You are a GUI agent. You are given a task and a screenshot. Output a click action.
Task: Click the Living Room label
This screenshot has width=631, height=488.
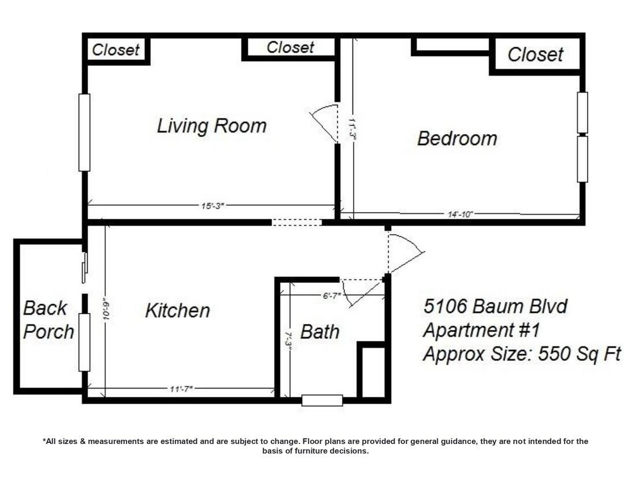[211, 125]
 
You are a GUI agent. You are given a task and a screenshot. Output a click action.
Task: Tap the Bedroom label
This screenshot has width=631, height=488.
[457, 139]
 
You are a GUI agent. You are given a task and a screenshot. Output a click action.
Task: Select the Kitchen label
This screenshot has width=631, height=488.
[177, 310]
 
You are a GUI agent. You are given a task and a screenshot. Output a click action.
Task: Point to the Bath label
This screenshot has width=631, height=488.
[320, 332]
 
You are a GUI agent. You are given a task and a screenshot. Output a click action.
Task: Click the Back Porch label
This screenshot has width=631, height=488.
[49, 320]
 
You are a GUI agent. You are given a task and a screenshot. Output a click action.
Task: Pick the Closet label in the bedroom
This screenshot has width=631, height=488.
[535, 54]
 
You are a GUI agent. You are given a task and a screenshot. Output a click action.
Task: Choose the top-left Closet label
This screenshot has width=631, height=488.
[116, 50]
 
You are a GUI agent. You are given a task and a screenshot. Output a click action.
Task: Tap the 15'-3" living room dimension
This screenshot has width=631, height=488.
[213, 206]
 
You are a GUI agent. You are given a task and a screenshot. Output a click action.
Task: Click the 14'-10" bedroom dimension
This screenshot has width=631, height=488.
[460, 214]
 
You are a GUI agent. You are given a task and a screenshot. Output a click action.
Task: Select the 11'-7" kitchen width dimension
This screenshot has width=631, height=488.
[181, 389]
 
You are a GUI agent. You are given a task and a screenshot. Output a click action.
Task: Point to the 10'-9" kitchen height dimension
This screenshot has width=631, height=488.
[107, 309]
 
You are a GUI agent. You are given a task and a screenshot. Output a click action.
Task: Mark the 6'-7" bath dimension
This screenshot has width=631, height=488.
[332, 295]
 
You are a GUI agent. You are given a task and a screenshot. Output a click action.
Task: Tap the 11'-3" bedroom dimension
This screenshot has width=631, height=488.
[353, 128]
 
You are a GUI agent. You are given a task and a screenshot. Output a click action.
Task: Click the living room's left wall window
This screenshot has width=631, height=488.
[84, 132]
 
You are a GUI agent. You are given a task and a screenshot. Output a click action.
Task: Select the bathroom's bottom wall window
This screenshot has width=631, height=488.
[322, 400]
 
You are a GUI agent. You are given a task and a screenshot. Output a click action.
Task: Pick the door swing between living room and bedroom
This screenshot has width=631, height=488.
[325, 121]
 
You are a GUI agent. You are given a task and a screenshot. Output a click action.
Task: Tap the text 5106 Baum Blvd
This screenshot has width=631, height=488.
[495, 306]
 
